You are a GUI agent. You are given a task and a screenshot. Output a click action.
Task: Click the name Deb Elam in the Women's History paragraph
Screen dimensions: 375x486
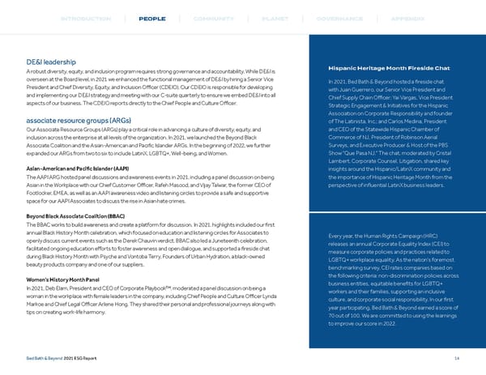point(62,289)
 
